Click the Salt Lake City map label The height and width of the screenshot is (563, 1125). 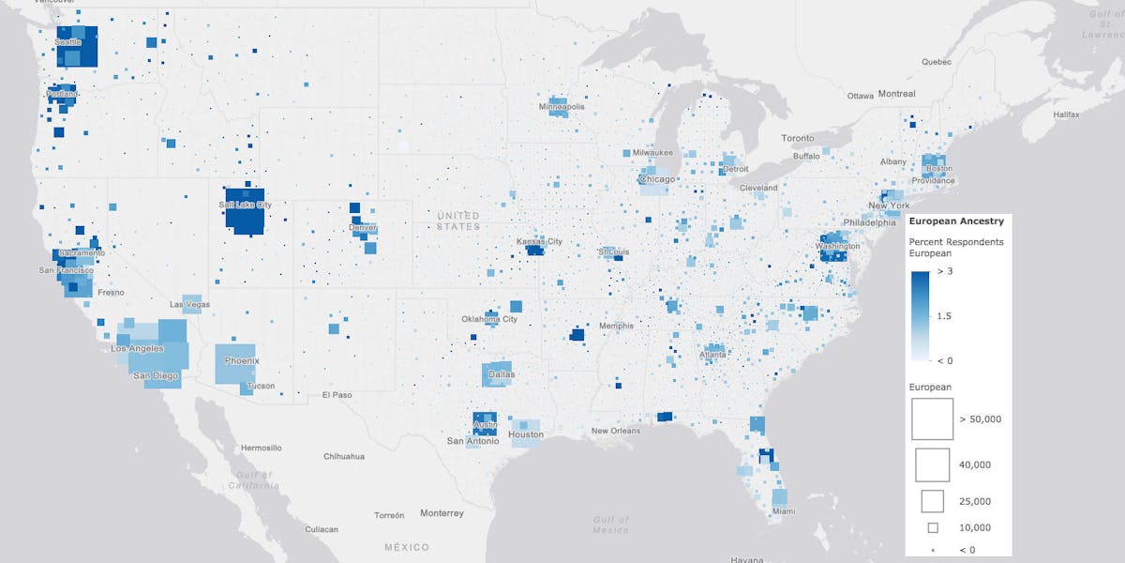pos(245,205)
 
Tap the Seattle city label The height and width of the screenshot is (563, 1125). pos(68,42)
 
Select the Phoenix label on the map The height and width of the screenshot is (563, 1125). pos(242,360)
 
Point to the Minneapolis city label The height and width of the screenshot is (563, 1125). pos(562,107)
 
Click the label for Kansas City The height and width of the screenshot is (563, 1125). pos(539,242)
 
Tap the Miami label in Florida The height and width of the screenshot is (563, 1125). pos(784,511)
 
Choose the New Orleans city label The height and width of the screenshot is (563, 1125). pos(616,431)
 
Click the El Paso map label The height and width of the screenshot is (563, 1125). pos(337,395)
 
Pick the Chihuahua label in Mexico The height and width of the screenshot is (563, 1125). pos(344,456)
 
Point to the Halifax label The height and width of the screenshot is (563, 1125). pos(1067,114)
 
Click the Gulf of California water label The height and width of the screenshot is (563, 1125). pos(254,480)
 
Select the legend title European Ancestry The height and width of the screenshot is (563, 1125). pos(957,221)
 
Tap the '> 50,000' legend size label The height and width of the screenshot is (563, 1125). pos(980,418)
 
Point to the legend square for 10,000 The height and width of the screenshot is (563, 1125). pos(932,527)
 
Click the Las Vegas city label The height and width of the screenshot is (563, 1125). pos(189,305)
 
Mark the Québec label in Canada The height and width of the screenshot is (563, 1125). pos(936,63)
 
